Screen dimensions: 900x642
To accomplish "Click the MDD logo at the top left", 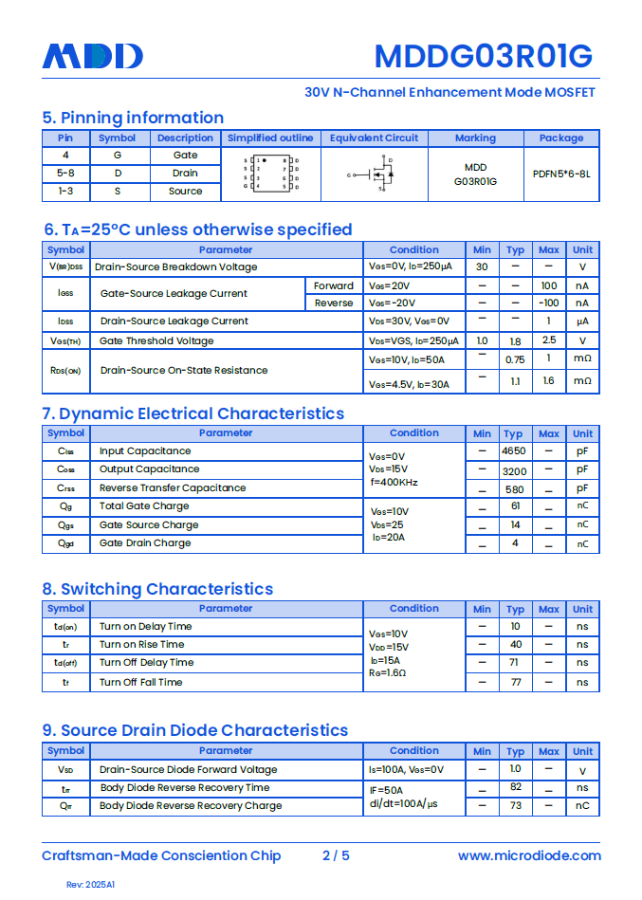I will tap(92, 56).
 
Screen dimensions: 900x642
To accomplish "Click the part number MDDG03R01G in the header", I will tap(483, 57).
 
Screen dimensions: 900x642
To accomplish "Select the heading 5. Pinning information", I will tap(133, 118).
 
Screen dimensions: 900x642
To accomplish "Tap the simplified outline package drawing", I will tap(270, 174).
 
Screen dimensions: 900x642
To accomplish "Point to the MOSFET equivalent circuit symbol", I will tap(375, 174).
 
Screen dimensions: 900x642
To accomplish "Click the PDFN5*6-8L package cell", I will tap(561, 174).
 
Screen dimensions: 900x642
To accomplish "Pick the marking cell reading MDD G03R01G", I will tap(475, 174).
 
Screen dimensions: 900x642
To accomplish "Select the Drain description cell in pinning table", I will tap(185, 173).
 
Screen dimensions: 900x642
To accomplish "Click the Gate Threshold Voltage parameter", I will tap(156, 340).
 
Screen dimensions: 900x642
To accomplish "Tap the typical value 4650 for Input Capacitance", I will tap(514, 451).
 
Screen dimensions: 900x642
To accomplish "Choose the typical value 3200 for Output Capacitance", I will tap(514, 470).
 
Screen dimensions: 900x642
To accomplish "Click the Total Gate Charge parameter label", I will tap(144, 506).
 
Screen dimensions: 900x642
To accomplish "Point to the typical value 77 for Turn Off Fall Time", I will tap(515, 682).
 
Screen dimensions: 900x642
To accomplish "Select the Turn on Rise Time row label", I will tap(142, 645).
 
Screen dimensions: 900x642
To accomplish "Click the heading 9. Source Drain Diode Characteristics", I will tap(194, 730).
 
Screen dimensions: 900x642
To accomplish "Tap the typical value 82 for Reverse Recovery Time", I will tap(516, 787).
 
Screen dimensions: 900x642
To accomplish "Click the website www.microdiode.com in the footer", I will tap(529, 855).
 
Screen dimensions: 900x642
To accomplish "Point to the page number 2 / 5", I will tap(336, 855).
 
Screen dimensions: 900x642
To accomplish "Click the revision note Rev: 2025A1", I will tap(90, 885).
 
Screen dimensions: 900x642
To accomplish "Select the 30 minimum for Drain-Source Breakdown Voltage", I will tap(482, 267).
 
